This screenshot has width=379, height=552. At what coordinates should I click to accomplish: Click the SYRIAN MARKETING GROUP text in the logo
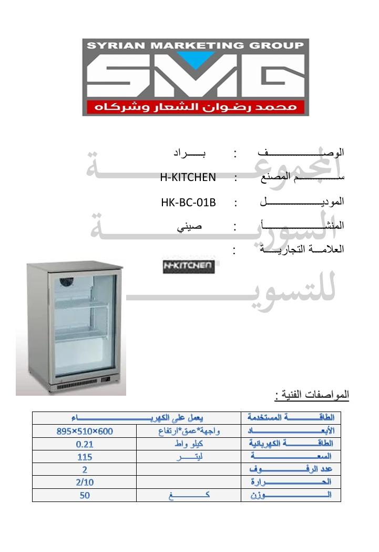pos(195,45)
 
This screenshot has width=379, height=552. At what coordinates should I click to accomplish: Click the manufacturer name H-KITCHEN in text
pos(188,177)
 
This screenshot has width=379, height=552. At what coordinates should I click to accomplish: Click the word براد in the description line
pos(189,153)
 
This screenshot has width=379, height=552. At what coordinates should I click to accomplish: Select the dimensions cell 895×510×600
pos(85,431)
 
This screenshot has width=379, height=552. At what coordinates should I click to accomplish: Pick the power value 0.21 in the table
pos(85,444)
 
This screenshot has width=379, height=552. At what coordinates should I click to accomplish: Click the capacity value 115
pos(85,456)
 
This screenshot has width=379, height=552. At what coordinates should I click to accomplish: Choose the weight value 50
pos(85,495)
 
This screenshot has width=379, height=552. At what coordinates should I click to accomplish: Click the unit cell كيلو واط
pos(188,444)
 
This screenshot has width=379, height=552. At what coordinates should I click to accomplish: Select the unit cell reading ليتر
pos(188,456)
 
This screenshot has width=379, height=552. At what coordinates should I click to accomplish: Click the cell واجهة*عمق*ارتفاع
pos(188,431)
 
